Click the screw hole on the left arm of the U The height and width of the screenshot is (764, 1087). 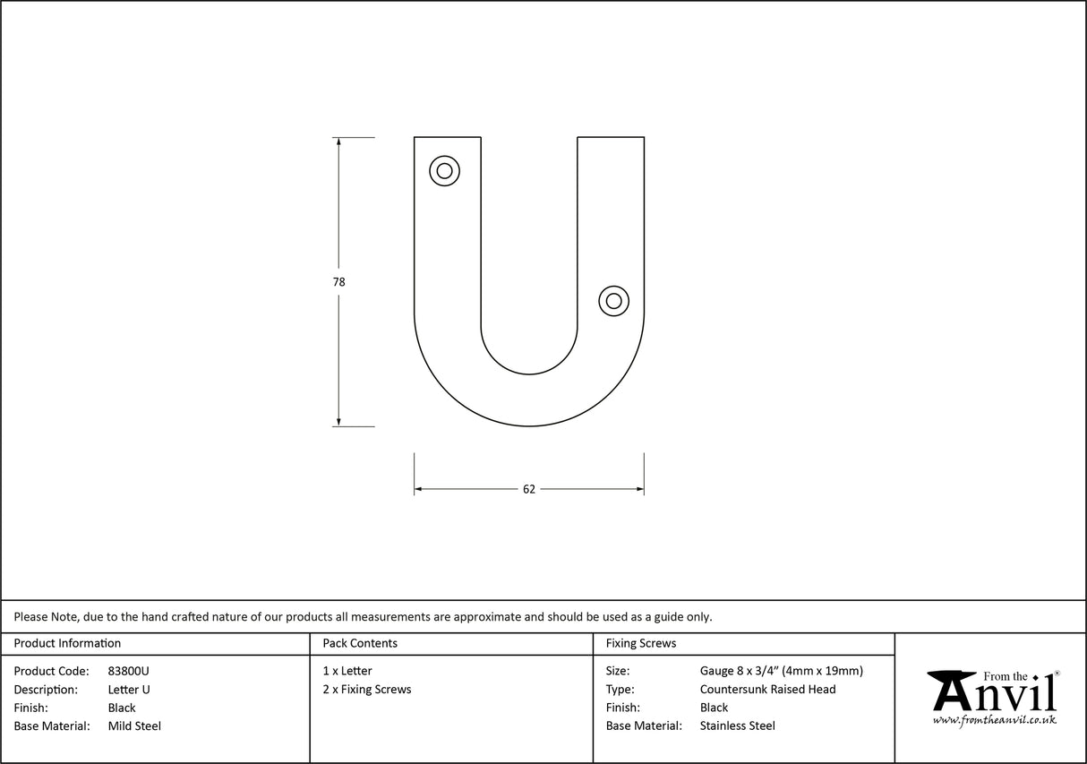(x=445, y=170)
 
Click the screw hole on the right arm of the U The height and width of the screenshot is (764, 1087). (x=613, y=301)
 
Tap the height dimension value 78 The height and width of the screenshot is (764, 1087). (x=338, y=281)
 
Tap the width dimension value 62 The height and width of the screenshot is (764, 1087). (x=529, y=489)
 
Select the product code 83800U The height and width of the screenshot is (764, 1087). (x=129, y=671)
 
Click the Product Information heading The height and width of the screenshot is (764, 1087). (x=67, y=643)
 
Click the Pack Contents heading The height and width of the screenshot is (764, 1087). (x=360, y=643)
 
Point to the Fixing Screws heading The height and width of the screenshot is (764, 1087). (x=641, y=643)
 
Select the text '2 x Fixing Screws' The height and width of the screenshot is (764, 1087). (x=367, y=690)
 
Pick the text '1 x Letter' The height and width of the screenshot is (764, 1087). (x=347, y=671)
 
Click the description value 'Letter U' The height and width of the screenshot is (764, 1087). (x=129, y=690)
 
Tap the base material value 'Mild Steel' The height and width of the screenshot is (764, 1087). (x=134, y=726)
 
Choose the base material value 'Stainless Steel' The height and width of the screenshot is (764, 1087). (x=738, y=726)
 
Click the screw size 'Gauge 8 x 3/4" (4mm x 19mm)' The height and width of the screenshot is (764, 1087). (x=782, y=671)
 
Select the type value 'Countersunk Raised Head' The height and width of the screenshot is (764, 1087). (x=768, y=690)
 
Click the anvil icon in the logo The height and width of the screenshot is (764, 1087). (x=952, y=690)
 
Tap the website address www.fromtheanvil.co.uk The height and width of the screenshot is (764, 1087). (x=994, y=719)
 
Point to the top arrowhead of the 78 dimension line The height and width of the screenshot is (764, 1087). (x=338, y=142)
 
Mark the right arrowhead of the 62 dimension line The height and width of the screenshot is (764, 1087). (x=639, y=489)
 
